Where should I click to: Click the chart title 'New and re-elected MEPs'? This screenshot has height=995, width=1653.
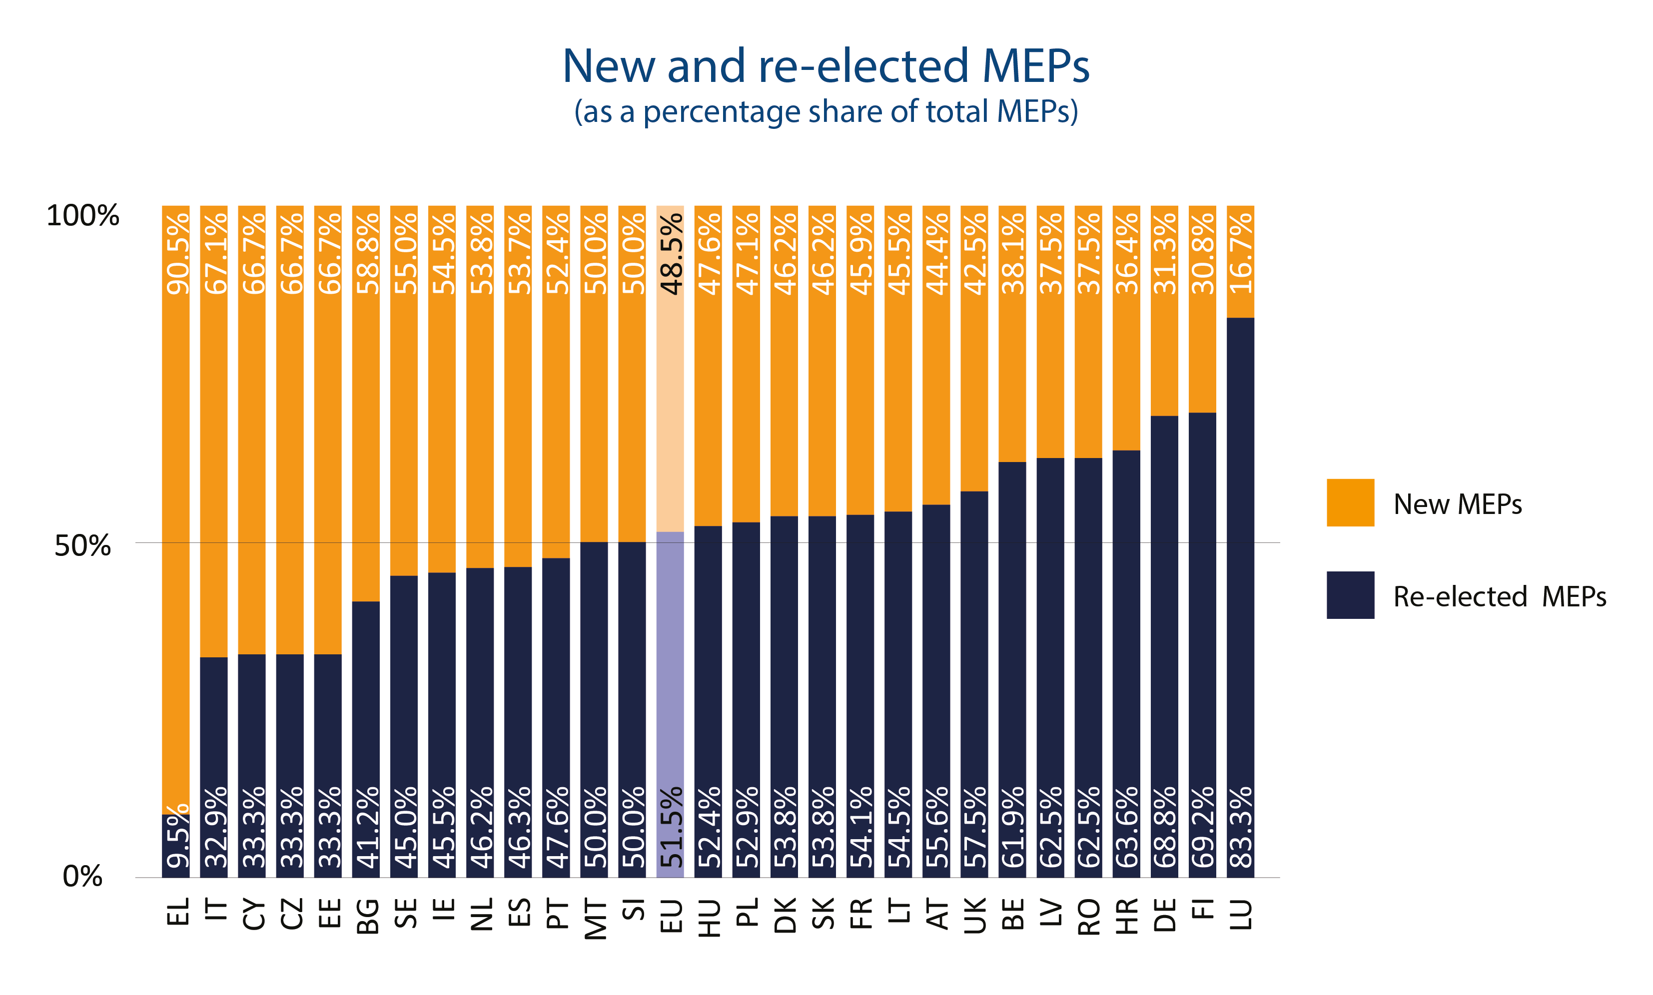point(826,66)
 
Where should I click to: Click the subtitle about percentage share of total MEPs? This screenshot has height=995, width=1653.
point(826,112)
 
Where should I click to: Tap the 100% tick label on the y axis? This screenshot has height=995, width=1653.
point(82,216)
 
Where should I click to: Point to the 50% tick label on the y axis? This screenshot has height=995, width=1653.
point(82,546)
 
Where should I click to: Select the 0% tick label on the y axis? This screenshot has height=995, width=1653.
point(82,876)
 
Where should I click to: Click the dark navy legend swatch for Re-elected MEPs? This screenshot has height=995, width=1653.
point(1350,595)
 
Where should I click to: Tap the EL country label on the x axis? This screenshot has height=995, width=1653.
point(177,912)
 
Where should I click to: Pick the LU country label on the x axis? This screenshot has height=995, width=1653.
point(1241,915)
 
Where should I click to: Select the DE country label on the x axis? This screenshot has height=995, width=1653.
point(1165,915)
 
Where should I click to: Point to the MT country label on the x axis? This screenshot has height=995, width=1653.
point(595,919)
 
